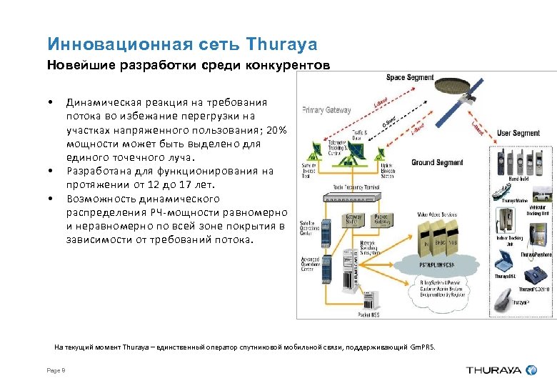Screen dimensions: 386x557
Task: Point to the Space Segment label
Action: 410,77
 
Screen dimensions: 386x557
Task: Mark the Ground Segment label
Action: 437,162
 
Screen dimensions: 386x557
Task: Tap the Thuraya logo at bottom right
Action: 501,370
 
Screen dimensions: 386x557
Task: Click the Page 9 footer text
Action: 56,370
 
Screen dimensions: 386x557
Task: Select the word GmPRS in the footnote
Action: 422,347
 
